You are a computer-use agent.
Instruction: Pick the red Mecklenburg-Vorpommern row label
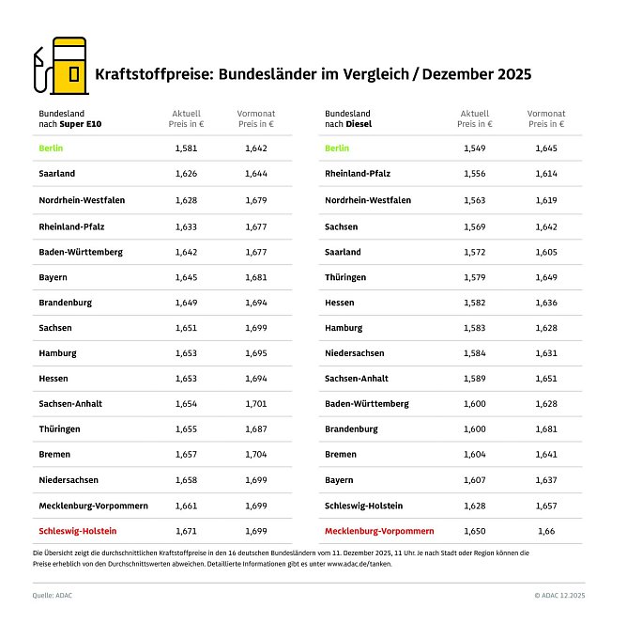pyautogui.click(x=379, y=531)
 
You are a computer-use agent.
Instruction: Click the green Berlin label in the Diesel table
pyautogui.click(x=337, y=148)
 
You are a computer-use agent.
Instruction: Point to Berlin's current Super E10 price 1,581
pyautogui.click(x=187, y=148)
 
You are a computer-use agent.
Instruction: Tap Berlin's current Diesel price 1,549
pyautogui.click(x=475, y=148)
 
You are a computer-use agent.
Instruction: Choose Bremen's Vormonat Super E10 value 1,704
pyautogui.click(x=255, y=455)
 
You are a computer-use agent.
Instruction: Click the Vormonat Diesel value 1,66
pyautogui.click(x=546, y=531)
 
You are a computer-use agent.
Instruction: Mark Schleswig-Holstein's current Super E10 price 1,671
pyautogui.click(x=187, y=531)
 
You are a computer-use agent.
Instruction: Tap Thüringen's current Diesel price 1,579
pyautogui.click(x=475, y=276)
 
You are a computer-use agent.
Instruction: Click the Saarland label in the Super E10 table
pyautogui.click(x=57, y=174)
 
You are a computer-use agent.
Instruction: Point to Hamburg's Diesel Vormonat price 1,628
pyautogui.click(x=546, y=327)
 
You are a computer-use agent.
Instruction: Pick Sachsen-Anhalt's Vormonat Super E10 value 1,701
pyautogui.click(x=255, y=403)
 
